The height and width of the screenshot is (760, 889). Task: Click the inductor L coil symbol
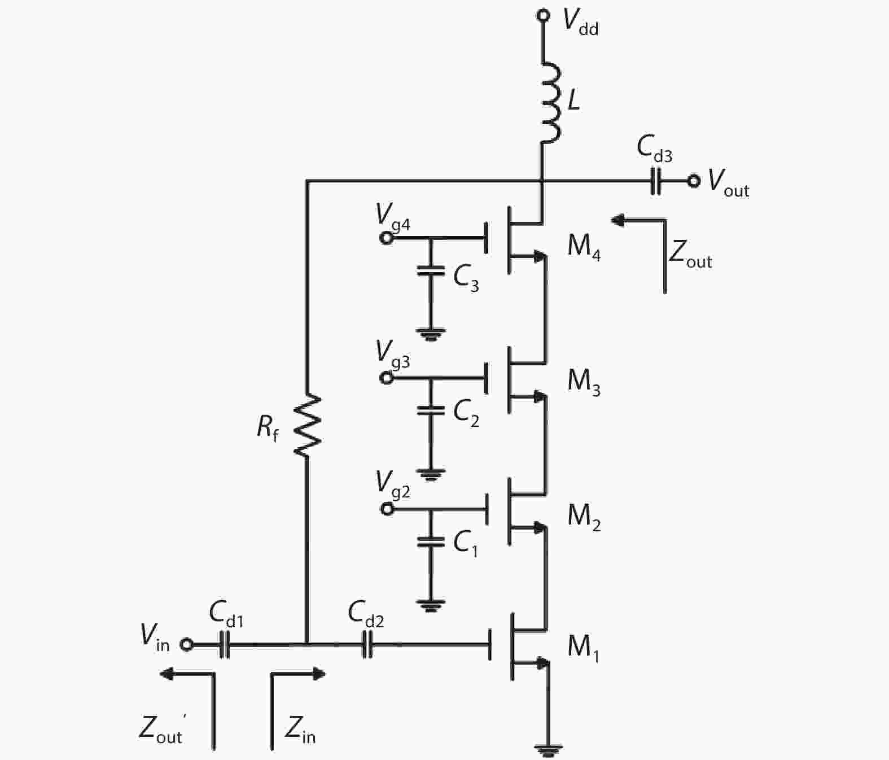pyautogui.click(x=550, y=102)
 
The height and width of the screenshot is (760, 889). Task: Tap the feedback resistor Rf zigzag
pyautogui.click(x=307, y=424)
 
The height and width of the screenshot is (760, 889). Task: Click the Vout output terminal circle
pyautogui.click(x=693, y=181)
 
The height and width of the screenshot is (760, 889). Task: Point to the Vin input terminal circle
pyautogui.click(x=187, y=644)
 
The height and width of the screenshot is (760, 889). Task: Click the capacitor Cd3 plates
pyautogui.click(x=655, y=181)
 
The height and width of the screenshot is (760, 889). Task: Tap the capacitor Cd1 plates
pyautogui.click(x=225, y=645)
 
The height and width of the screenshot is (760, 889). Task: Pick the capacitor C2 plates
pyautogui.click(x=431, y=410)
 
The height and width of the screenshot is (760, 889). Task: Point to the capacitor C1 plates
pyautogui.click(x=431, y=542)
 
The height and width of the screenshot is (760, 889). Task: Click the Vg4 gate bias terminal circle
pyautogui.click(x=386, y=238)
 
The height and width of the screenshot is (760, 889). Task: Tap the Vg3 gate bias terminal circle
pyautogui.click(x=386, y=378)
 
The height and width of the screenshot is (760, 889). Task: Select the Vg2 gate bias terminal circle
pyautogui.click(x=387, y=509)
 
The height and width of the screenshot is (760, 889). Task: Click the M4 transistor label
pyautogui.click(x=584, y=247)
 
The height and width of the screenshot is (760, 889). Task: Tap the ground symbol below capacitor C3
pyautogui.click(x=431, y=334)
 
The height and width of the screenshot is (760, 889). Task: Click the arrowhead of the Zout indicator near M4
pyautogui.click(x=618, y=221)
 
